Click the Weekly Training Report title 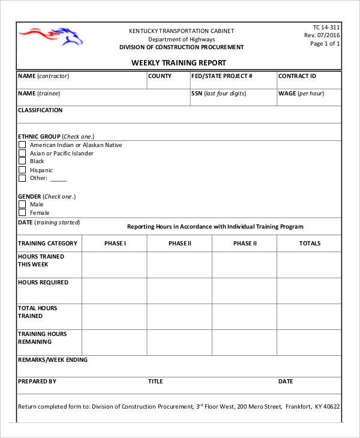click(x=179, y=63)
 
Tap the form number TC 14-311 click(x=326, y=27)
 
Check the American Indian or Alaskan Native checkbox click(x=22, y=145)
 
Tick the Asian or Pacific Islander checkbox click(x=22, y=154)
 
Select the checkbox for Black click(x=22, y=161)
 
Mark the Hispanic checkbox click(x=22, y=170)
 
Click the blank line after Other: click(x=58, y=179)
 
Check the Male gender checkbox click(x=22, y=205)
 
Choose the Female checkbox click(x=22, y=213)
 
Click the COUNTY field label click(x=160, y=76)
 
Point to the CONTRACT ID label click(x=297, y=76)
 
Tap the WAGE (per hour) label click(x=301, y=94)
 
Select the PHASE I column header click(x=115, y=244)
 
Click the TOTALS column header click(x=310, y=244)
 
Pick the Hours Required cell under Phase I click(x=115, y=290)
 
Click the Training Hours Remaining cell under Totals click(x=310, y=342)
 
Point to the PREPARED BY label click(x=37, y=381)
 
